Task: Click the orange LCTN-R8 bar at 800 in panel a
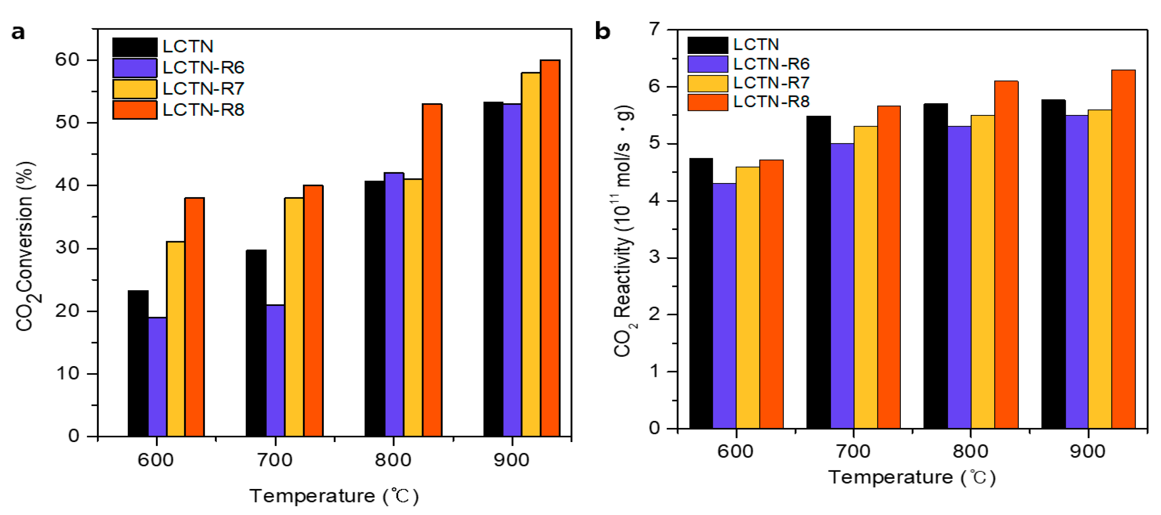(x=432, y=271)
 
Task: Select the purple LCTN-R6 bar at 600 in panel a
(x=157, y=377)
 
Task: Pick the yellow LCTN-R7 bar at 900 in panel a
(x=531, y=254)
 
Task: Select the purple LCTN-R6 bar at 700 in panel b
(x=842, y=286)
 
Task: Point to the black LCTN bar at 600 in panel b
(x=701, y=293)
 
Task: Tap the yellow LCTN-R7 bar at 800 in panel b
(x=983, y=272)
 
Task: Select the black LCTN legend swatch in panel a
(x=135, y=47)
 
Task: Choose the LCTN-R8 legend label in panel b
(x=771, y=102)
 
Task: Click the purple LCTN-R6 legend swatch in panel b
(x=708, y=64)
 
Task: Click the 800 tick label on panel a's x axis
(x=393, y=460)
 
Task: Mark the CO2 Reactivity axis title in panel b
(x=624, y=231)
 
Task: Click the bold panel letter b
(x=603, y=32)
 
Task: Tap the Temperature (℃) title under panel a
(x=334, y=496)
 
